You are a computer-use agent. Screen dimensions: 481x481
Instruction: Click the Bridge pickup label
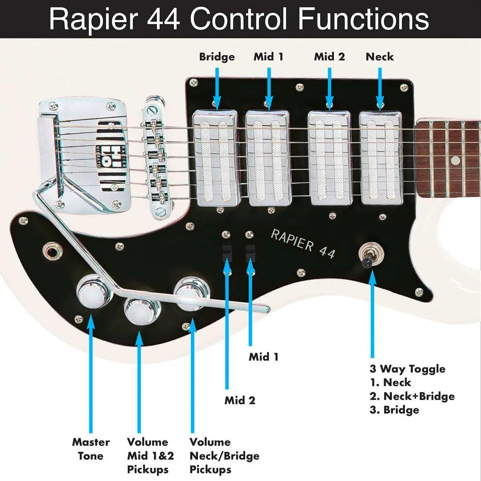[217, 57]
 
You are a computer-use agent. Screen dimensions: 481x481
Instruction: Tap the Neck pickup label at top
[380, 57]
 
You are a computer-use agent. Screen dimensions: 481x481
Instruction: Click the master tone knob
[91, 291]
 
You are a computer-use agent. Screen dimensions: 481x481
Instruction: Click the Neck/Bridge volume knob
[190, 293]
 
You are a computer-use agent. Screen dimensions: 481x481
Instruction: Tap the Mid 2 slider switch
[227, 252]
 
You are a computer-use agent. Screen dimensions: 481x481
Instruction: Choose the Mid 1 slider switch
[250, 252]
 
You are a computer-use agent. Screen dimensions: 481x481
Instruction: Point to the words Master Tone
[91, 449]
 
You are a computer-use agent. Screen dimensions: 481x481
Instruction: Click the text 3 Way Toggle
[407, 369]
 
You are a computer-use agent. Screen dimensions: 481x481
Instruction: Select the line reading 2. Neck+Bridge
[412, 396]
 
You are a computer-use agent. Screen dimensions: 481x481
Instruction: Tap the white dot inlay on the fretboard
[455, 161]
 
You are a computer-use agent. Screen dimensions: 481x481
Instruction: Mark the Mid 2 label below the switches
[240, 400]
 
